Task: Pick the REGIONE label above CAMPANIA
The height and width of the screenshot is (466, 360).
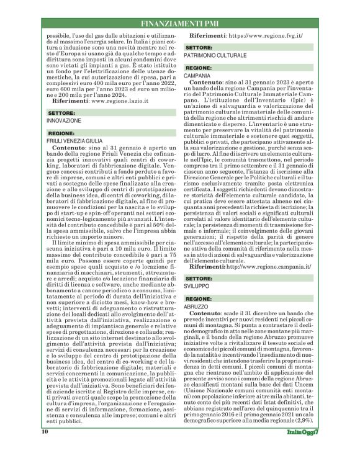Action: coord(199,68)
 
